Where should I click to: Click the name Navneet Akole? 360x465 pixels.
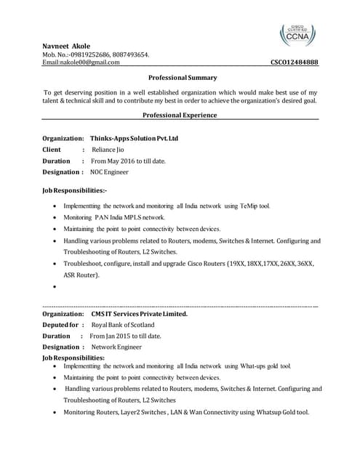click(x=67, y=45)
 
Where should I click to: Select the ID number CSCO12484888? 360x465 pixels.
click(x=294, y=62)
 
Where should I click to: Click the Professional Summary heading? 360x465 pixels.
click(x=183, y=77)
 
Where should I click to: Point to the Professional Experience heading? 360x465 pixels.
click(x=180, y=115)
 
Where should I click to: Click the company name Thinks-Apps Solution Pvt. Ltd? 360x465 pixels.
click(x=134, y=138)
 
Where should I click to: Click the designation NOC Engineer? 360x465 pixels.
click(x=109, y=172)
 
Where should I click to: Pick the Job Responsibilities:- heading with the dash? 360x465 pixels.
click(x=75, y=190)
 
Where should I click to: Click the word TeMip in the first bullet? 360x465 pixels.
click(x=244, y=206)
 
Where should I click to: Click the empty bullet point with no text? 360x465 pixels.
click(x=56, y=287)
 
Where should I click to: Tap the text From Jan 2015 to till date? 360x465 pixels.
click(x=125, y=336)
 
